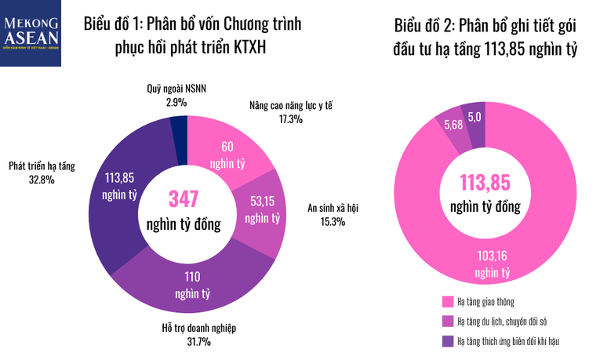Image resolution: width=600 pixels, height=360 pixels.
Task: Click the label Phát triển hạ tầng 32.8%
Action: pos(42,173)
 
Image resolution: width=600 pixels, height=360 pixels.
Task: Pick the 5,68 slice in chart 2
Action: pos(453,125)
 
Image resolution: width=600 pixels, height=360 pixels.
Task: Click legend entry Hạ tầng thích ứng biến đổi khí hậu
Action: pos(506,340)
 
